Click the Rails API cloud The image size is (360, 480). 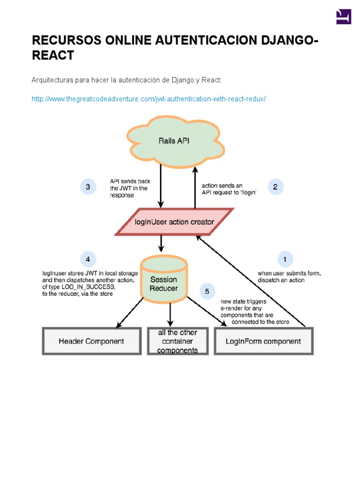pyautogui.click(x=173, y=140)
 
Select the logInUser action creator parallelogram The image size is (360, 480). pyautogui.click(x=174, y=222)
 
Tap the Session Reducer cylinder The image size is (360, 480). pyautogui.click(x=164, y=282)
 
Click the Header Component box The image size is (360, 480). pyautogui.click(x=91, y=341)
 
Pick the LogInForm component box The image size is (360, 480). pyautogui.click(x=263, y=341)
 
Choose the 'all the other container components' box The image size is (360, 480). pyautogui.click(x=177, y=341)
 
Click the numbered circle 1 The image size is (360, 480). pyautogui.click(x=285, y=259)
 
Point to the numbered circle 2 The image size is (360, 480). pyautogui.click(x=275, y=187)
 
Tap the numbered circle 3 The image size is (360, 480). pyautogui.click(x=88, y=187)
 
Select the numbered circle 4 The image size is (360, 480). pyautogui.click(x=88, y=259)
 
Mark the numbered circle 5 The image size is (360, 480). pyautogui.click(x=207, y=291)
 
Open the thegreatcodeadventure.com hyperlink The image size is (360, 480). pyautogui.click(x=149, y=99)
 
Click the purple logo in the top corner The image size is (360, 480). pyautogui.click(x=344, y=16)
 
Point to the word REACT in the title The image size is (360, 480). pyautogui.click(x=52, y=55)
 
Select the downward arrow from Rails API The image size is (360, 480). pyautogui.click(x=161, y=187)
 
